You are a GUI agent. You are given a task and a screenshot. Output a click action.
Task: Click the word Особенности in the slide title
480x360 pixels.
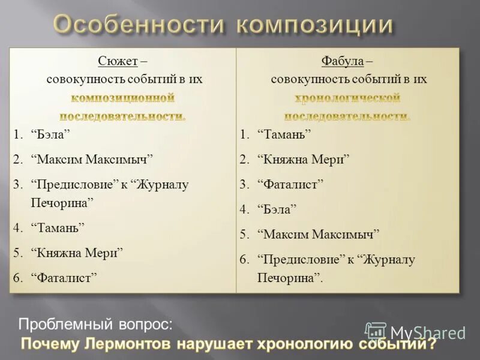tap(137, 26)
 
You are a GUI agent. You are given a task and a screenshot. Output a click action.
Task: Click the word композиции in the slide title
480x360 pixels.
tap(314, 26)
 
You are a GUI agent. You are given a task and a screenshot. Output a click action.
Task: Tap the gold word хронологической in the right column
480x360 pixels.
tap(347, 97)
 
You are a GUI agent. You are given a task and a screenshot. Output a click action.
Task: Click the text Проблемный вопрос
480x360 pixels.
tap(95, 325)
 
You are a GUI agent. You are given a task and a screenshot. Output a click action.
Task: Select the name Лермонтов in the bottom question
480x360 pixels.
tap(128, 345)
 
